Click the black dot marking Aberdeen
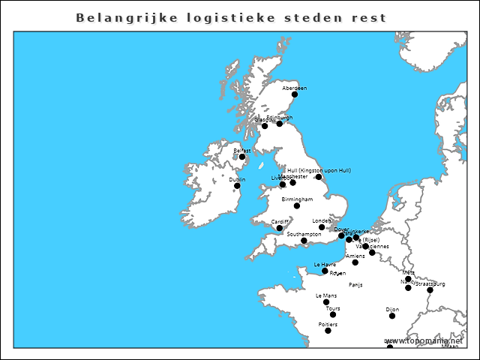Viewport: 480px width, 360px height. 295,94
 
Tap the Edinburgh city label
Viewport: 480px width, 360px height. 280,118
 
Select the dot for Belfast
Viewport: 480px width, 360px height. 242,157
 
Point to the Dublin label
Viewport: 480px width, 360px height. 237,179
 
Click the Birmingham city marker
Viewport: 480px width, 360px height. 297,205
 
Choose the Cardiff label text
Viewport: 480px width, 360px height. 280,221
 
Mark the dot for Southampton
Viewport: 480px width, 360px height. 304,241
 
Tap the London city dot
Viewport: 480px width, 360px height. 322,227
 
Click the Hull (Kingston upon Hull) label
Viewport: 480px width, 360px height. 319,170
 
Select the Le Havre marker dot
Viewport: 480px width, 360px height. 325,271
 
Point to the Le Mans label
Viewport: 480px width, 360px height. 326,295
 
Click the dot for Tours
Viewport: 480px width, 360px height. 333,315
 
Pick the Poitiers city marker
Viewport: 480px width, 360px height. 328,331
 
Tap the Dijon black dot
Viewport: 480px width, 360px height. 392,316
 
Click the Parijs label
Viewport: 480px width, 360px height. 355,285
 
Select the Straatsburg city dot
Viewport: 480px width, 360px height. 430,289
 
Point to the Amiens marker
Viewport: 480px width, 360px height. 355,262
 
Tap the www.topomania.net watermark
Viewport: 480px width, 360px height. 424,341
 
